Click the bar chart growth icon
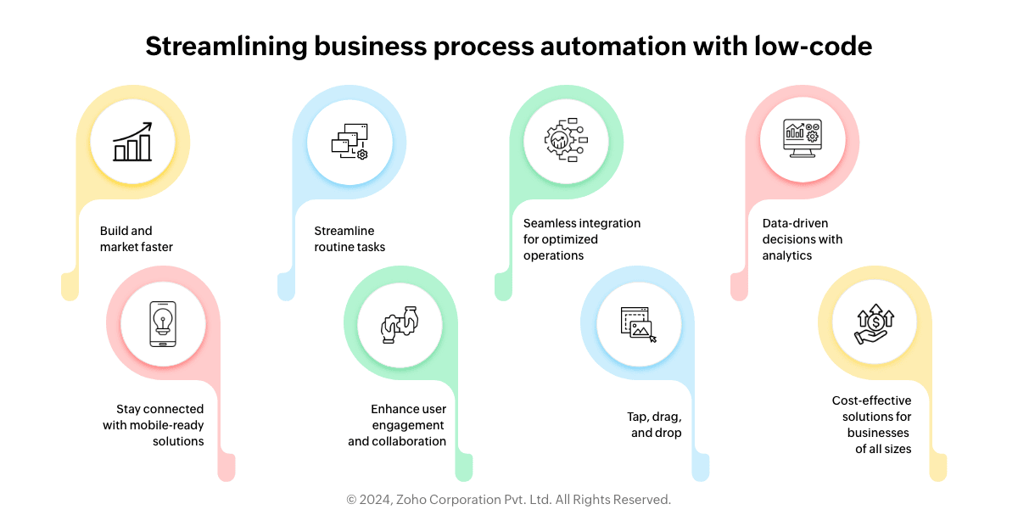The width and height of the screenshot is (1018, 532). click(x=133, y=143)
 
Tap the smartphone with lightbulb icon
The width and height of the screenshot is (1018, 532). click(x=163, y=324)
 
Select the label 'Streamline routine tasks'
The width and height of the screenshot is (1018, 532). click(x=350, y=238)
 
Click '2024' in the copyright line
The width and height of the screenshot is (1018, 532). click(x=377, y=500)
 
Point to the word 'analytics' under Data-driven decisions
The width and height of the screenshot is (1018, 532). click(x=786, y=255)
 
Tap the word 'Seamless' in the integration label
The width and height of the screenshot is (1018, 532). click(x=549, y=223)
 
